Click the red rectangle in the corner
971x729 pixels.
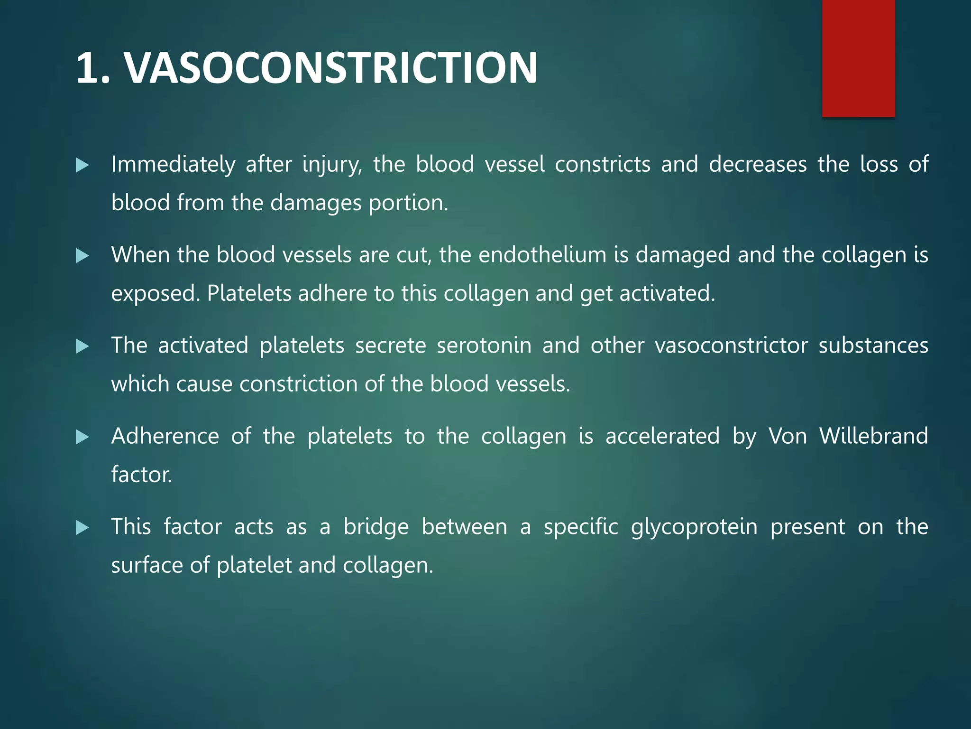(x=858, y=58)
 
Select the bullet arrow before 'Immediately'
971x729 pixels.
(x=82, y=166)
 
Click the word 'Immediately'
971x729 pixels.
(x=173, y=165)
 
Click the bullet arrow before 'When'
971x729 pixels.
(x=82, y=256)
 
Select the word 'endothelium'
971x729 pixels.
(x=542, y=255)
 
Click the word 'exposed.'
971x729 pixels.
(x=156, y=294)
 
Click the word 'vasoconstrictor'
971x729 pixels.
(x=731, y=346)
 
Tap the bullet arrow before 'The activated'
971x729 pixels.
(x=82, y=346)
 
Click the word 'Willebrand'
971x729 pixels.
(x=873, y=436)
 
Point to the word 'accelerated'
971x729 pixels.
(x=662, y=436)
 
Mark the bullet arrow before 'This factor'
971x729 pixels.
(x=82, y=528)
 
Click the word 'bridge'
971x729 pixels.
(x=376, y=527)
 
